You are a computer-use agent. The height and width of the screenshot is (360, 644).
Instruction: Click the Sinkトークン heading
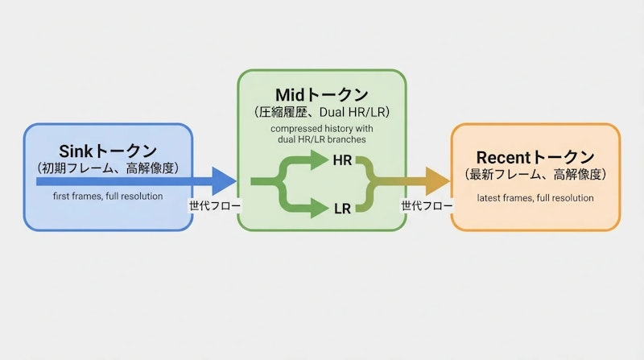coord(109,151)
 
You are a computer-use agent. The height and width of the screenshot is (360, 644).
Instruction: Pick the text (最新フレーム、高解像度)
coord(535,174)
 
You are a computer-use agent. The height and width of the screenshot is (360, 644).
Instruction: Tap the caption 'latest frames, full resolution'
coord(535,197)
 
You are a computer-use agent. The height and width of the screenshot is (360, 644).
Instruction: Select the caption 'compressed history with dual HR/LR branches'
coord(321,133)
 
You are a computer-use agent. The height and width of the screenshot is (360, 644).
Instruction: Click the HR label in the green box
coord(342,161)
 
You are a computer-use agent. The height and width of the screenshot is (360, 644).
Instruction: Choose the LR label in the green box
coord(342,209)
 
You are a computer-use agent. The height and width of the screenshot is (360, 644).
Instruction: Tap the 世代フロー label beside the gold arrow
coord(427,205)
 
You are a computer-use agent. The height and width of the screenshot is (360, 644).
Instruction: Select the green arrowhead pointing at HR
coord(319,161)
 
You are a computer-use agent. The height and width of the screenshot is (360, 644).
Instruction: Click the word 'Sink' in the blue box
coord(77,151)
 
